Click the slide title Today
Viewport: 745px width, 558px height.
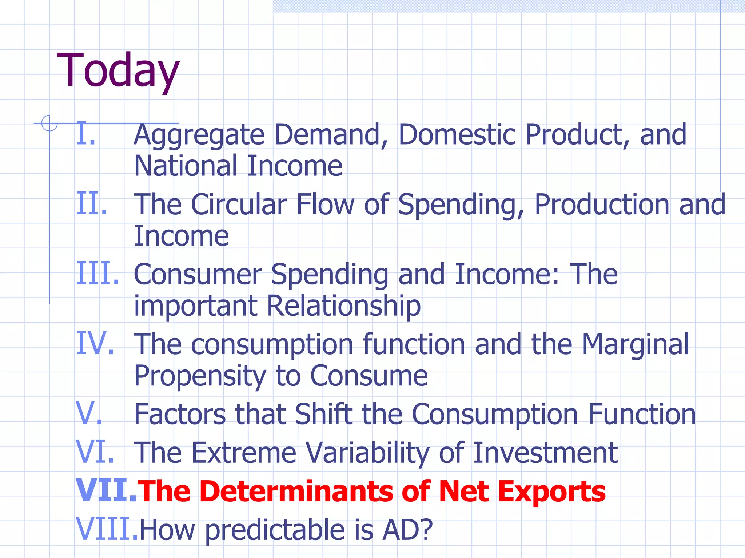click(118, 71)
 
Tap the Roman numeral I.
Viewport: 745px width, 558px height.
click(86, 134)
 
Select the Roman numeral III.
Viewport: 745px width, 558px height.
click(97, 274)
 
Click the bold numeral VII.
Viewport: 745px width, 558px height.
click(105, 491)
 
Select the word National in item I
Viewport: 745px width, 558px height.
click(186, 166)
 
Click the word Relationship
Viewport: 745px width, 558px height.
click(344, 306)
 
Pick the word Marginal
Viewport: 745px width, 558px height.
click(635, 345)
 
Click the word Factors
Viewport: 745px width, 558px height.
click(180, 415)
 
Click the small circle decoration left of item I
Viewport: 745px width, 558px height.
click(49, 123)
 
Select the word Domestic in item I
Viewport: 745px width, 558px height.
click(457, 135)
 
